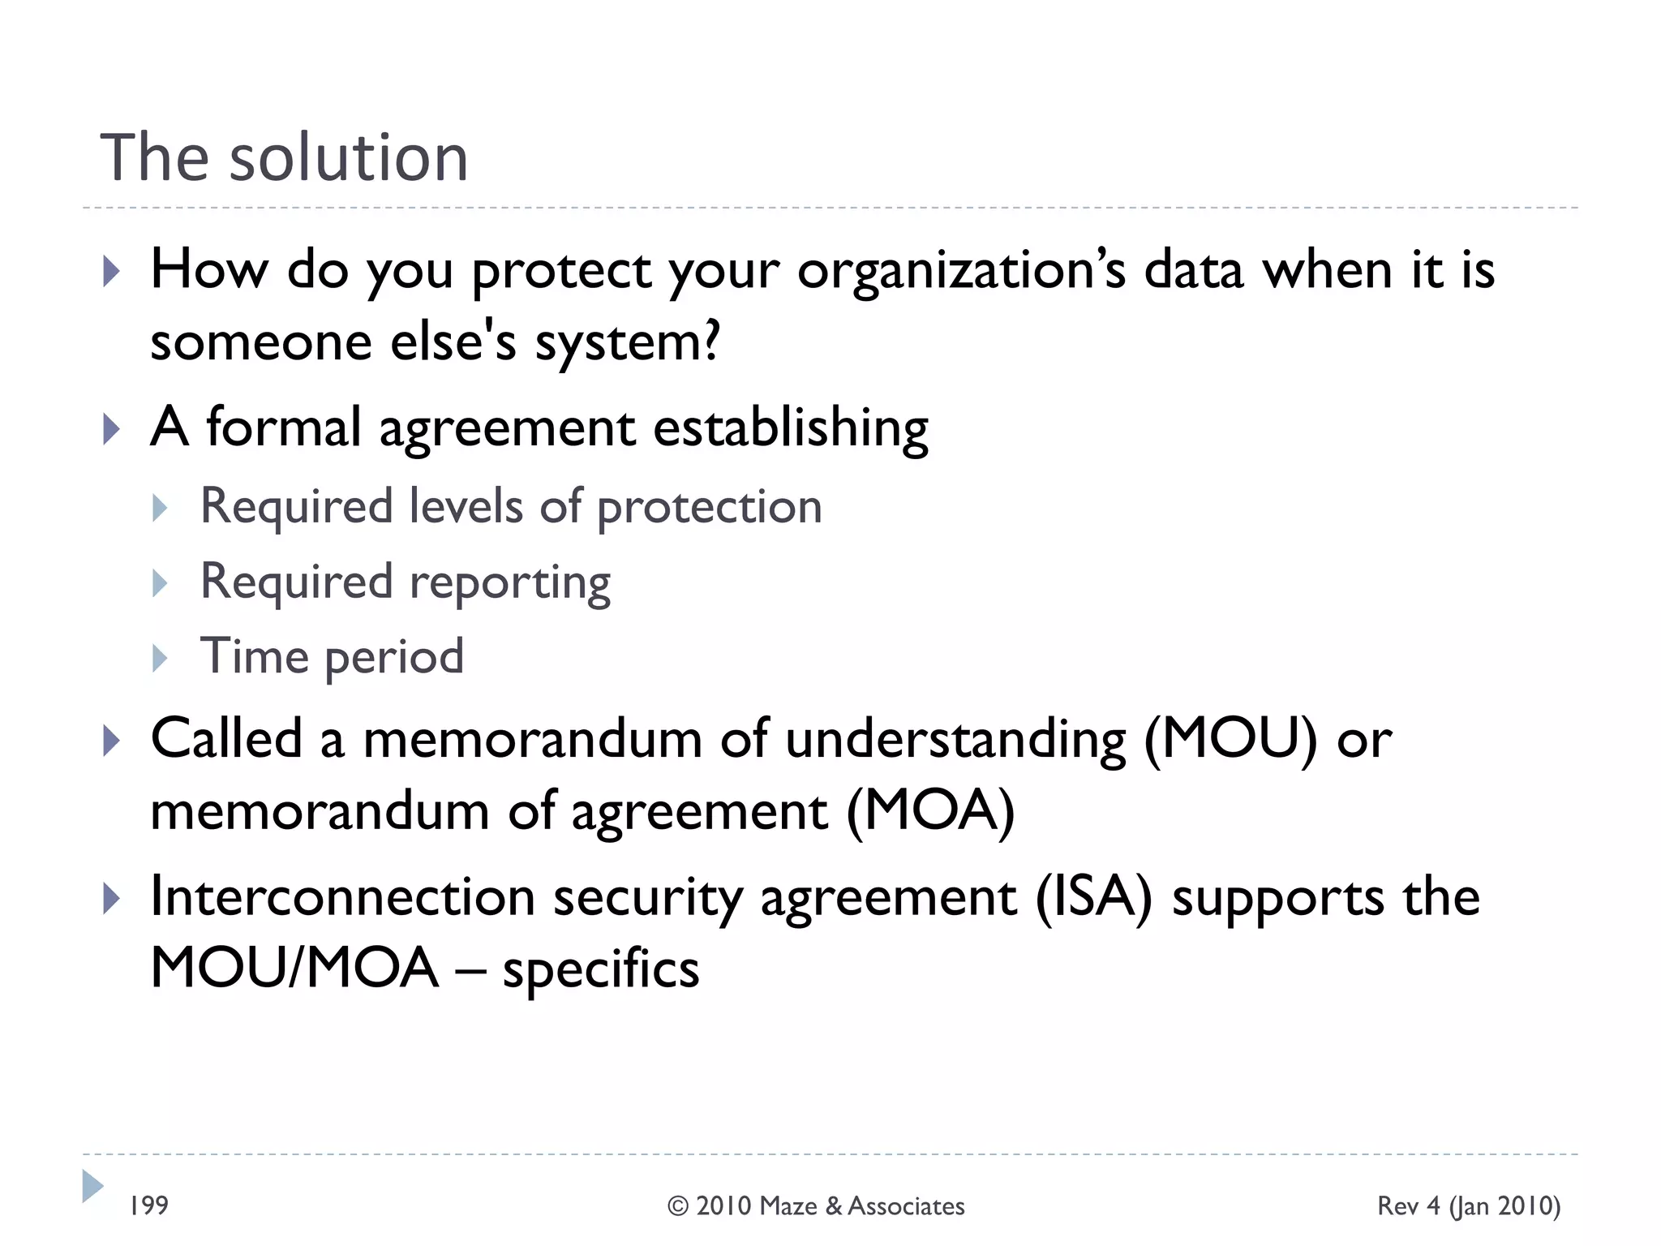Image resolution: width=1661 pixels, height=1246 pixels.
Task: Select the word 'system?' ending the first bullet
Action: click(627, 342)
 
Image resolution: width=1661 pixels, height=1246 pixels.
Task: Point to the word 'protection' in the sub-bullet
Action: click(710, 507)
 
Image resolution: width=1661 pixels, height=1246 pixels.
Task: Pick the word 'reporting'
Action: click(510, 582)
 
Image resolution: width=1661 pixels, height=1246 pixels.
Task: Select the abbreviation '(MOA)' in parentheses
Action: click(930, 810)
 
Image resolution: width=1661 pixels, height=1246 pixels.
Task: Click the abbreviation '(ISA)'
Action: click(1093, 897)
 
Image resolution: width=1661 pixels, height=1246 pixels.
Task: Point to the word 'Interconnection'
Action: click(343, 897)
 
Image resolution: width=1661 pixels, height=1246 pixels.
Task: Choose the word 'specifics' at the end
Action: click(601, 969)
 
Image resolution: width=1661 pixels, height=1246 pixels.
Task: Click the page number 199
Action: click(149, 1205)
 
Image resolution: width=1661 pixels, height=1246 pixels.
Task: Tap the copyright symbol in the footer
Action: click(678, 1206)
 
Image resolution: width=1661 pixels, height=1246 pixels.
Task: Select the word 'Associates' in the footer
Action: click(907, 1206)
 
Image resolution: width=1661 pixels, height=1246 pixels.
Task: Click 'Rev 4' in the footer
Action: click(1409, 1206)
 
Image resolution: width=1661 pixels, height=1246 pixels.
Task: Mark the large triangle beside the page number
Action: click(92, 1186)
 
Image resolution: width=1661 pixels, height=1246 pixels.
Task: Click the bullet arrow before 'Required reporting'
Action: click(160, 583)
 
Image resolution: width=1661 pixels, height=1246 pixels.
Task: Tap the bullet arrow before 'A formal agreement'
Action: click(112, 429)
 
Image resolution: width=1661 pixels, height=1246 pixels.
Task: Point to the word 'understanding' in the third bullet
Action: click(955, 740)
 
